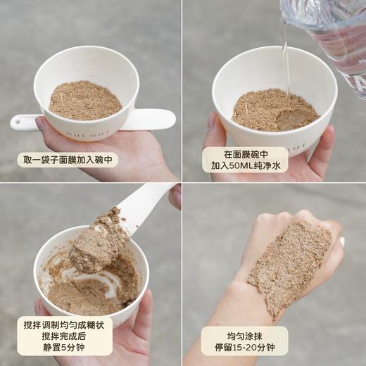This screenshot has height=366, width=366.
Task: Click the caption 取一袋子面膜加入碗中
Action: [x=68, y=160]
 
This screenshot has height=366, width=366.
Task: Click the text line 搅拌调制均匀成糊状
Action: [x=65, y=324]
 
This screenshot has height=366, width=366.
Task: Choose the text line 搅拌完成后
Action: [x=65, y=336]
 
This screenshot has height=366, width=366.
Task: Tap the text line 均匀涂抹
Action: [x=244, y=336]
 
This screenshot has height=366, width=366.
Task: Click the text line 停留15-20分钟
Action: [x=244, y=348]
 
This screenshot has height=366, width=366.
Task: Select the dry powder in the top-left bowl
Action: [x=85, y=100]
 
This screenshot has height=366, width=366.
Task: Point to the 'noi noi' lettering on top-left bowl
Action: [x=77, y=131]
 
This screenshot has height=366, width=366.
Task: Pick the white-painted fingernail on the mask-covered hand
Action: [x=342, y=241]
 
